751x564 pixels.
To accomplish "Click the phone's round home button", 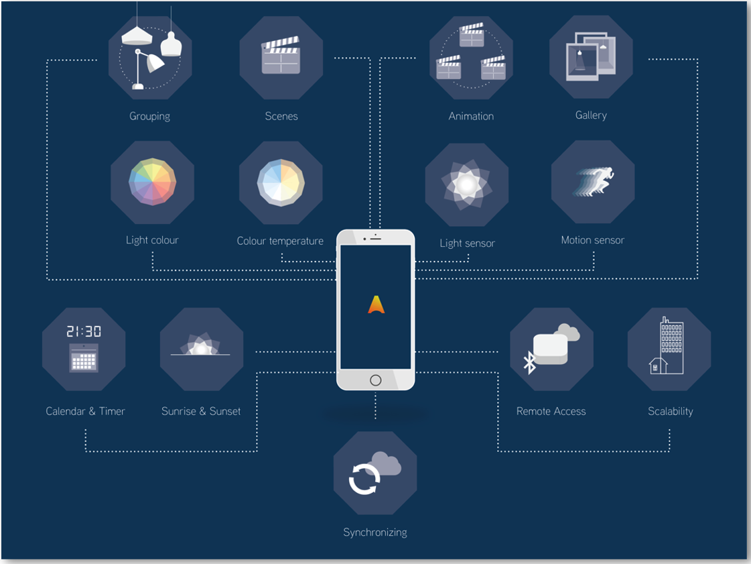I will pos(375,380).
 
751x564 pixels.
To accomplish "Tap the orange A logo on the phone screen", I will pos(376,305).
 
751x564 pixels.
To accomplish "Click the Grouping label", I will pos(149,117).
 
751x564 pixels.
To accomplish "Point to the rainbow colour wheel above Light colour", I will pos(152,182).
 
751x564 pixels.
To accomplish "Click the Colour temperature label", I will pos(280,241).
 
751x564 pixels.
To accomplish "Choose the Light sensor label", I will pos(467,243).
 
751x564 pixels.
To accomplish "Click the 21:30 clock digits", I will pos(84,331).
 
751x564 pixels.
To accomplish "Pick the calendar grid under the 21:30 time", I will pos(84,359).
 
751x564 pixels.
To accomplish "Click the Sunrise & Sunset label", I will pos(201,412).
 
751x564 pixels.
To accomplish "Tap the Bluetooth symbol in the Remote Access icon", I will pos(529,363).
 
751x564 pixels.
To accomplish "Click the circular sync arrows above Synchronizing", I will pos(364,479).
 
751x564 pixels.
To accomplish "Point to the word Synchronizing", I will pos(375,532).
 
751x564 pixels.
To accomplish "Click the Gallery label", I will pos(591,115).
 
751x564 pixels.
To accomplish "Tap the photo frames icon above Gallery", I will pos(590,57).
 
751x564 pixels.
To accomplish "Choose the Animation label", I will pos(471,117).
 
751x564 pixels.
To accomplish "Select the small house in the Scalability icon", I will pos(658,365).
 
